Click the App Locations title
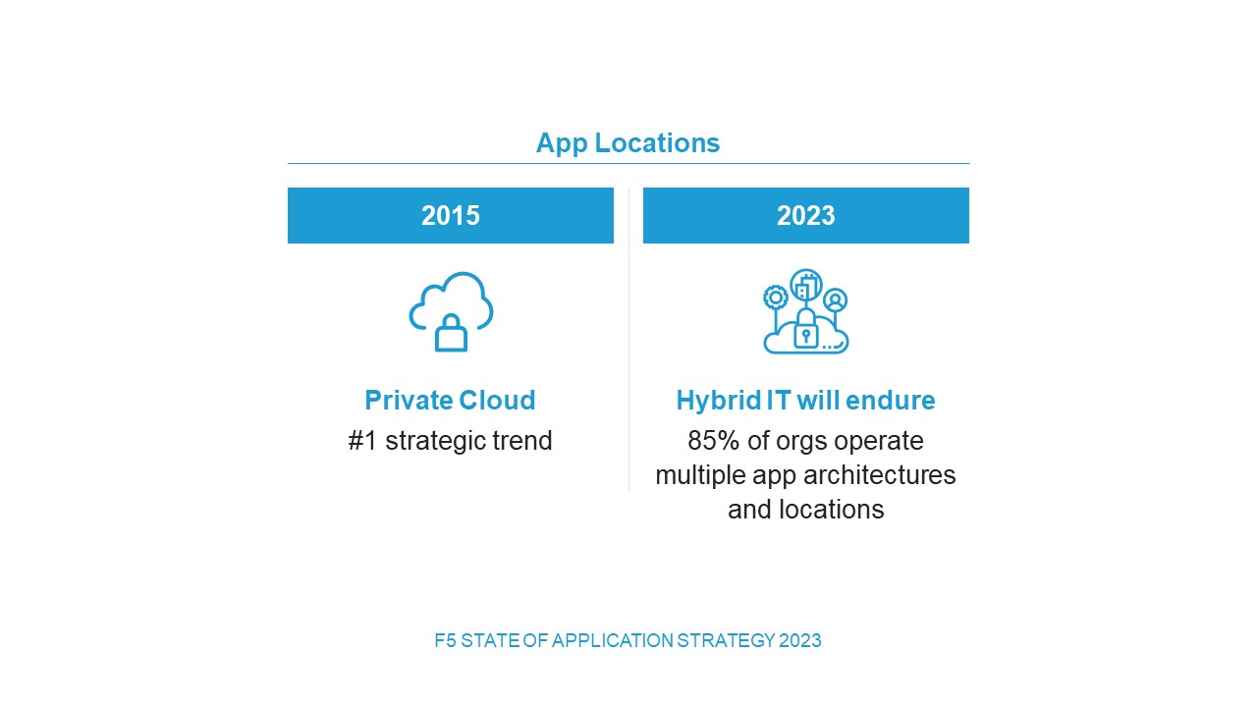point(628,143)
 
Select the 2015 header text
point(451,215)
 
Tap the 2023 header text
point(806,215)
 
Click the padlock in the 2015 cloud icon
point(451,333)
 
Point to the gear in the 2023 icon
point(776,298)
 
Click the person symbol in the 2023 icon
point(836,300)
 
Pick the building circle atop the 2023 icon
point(806,285)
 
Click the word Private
point(410,401)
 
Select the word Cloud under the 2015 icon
point(497,401)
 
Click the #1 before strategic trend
point(362,441)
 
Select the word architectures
point(880,475)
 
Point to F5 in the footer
point(445,641)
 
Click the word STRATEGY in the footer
point(726,641)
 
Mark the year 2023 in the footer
point(800,641)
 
